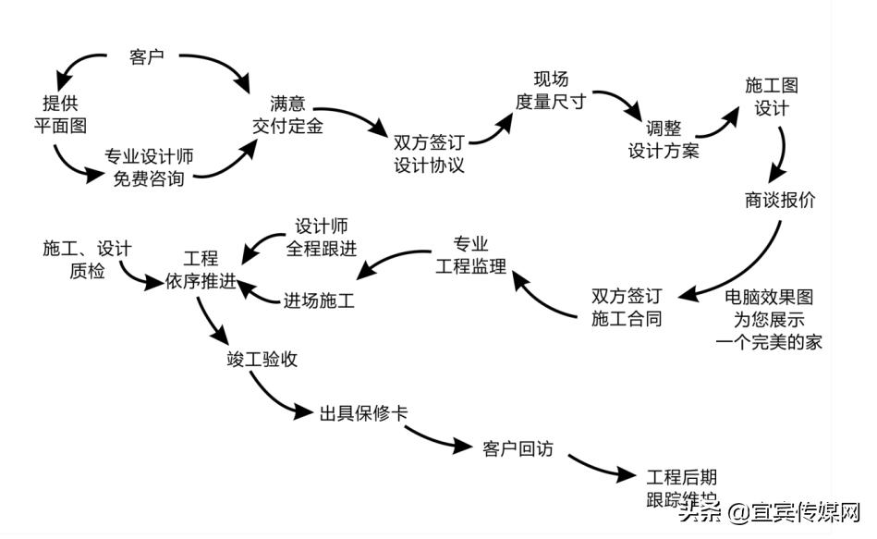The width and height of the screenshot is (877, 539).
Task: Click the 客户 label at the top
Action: pos(146,57)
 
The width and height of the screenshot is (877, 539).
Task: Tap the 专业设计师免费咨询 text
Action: pos(149,167)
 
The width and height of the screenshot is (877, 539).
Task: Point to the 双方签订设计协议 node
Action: pos(429,154)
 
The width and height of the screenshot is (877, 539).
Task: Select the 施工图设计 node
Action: pos(772,96)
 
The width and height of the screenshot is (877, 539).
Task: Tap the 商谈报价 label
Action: pos(780,200)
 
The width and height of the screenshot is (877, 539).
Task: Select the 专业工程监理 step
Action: pos(471,256)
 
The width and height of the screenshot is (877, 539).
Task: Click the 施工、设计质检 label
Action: pos(88,260)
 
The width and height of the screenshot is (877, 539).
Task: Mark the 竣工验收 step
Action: pos(262,359)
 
